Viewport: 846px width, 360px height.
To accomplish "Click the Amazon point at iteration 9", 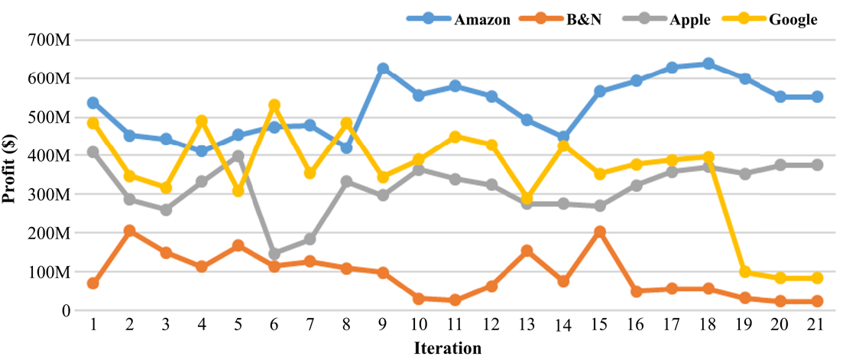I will (x=383, y=70).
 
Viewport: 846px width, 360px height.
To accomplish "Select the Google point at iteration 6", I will (x=274, y=105).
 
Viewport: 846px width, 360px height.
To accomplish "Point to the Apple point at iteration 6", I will (x=274, y=254).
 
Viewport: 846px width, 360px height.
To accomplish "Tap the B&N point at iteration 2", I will (x=130, y=231).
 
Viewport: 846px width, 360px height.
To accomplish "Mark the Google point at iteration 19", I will (x=744, y=272).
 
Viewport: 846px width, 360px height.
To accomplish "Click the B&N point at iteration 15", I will (x=600, y=232).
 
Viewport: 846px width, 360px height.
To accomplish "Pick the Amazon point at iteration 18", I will (x=708, y=63).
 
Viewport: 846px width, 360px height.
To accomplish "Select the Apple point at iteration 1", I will (x=93, y=152).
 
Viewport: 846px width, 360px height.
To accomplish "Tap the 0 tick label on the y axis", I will (x=66, y=311).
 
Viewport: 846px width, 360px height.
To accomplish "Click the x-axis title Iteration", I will (x=448, y=349).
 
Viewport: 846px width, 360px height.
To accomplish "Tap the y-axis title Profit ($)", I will (x=10, y=175).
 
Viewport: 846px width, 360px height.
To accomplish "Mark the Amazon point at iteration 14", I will (x=564, y=138).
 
